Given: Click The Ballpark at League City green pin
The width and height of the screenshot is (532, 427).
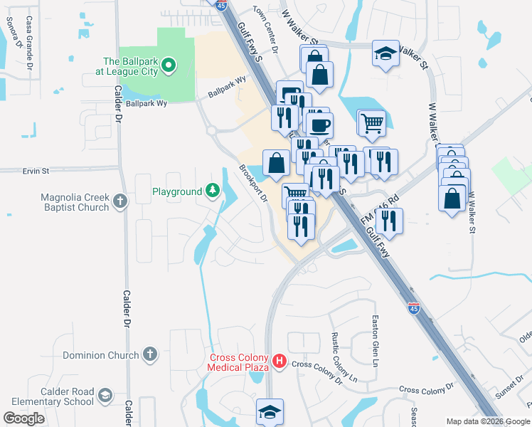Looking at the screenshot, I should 169,67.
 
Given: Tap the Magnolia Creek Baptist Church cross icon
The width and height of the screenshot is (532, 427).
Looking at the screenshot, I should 120,201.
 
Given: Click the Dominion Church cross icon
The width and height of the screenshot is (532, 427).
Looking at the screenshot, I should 149,354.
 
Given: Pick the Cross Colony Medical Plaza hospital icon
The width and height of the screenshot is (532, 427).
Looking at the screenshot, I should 280,362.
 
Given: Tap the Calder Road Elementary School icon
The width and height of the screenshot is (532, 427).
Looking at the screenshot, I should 105,396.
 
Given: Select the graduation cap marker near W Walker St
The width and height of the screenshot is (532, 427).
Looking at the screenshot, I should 385,53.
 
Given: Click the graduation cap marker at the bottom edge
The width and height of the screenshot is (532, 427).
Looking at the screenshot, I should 270,411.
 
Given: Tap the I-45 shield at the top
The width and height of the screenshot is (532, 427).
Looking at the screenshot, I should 220,5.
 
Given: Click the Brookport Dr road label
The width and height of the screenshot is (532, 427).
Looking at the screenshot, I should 253,184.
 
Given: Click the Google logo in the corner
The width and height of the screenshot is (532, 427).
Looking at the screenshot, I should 23,418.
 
